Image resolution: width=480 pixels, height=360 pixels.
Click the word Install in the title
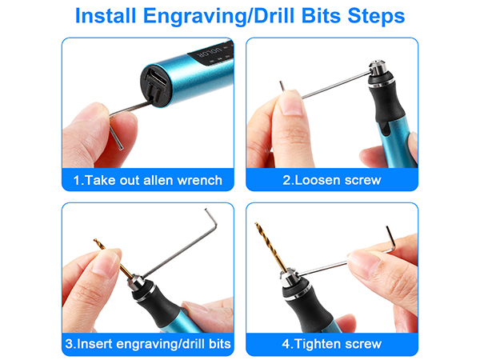point(111,16)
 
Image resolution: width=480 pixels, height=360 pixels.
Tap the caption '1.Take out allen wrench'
point(148,180)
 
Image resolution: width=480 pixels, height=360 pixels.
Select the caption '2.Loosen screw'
point(332,180)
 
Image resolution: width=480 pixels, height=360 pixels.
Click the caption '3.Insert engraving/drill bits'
point(148,344)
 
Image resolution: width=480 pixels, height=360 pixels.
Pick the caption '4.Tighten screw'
point(332,344)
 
